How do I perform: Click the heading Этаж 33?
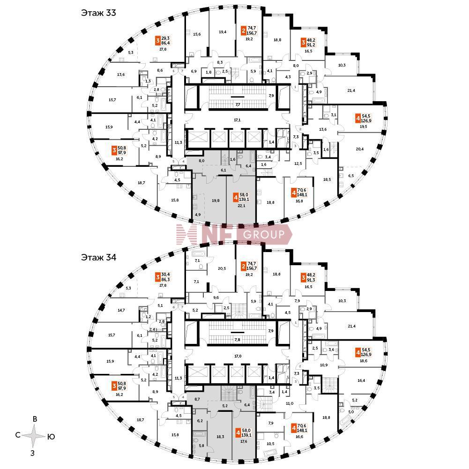(x=98, y=13)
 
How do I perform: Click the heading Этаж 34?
(x=98, y=257)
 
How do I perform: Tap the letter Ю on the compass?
(x=52, y=437)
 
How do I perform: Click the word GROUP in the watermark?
(x=265, y=235)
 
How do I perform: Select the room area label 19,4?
(x=223, y=32)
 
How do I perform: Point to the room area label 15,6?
(x=197, y=34)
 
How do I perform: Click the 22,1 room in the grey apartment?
(x=241, y=205)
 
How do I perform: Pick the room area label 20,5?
(x=222, y=268)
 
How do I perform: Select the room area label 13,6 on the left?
(x=121, y=74)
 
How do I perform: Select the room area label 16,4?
(x=361, y=381)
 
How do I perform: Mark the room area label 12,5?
(x=298, y=164)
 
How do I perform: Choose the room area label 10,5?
(x=271, y=443)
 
